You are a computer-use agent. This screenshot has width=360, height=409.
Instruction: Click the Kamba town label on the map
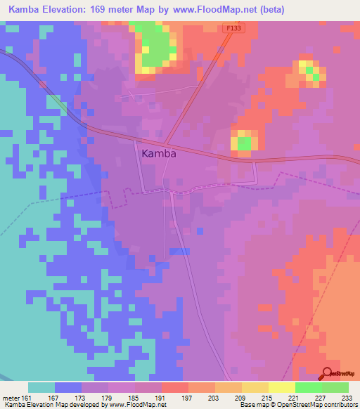(158, 153)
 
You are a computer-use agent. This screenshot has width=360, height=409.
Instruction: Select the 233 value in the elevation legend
(347, 397)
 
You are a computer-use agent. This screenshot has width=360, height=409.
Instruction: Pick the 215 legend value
(267, 397)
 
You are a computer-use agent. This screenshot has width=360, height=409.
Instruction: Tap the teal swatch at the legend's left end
(41, 387)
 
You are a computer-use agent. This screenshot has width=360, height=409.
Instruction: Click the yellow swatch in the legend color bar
(281, 387)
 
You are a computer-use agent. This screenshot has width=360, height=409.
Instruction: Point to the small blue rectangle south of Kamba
(180, 252)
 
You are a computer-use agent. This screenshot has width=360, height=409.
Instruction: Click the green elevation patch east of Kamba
(243, 143)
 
